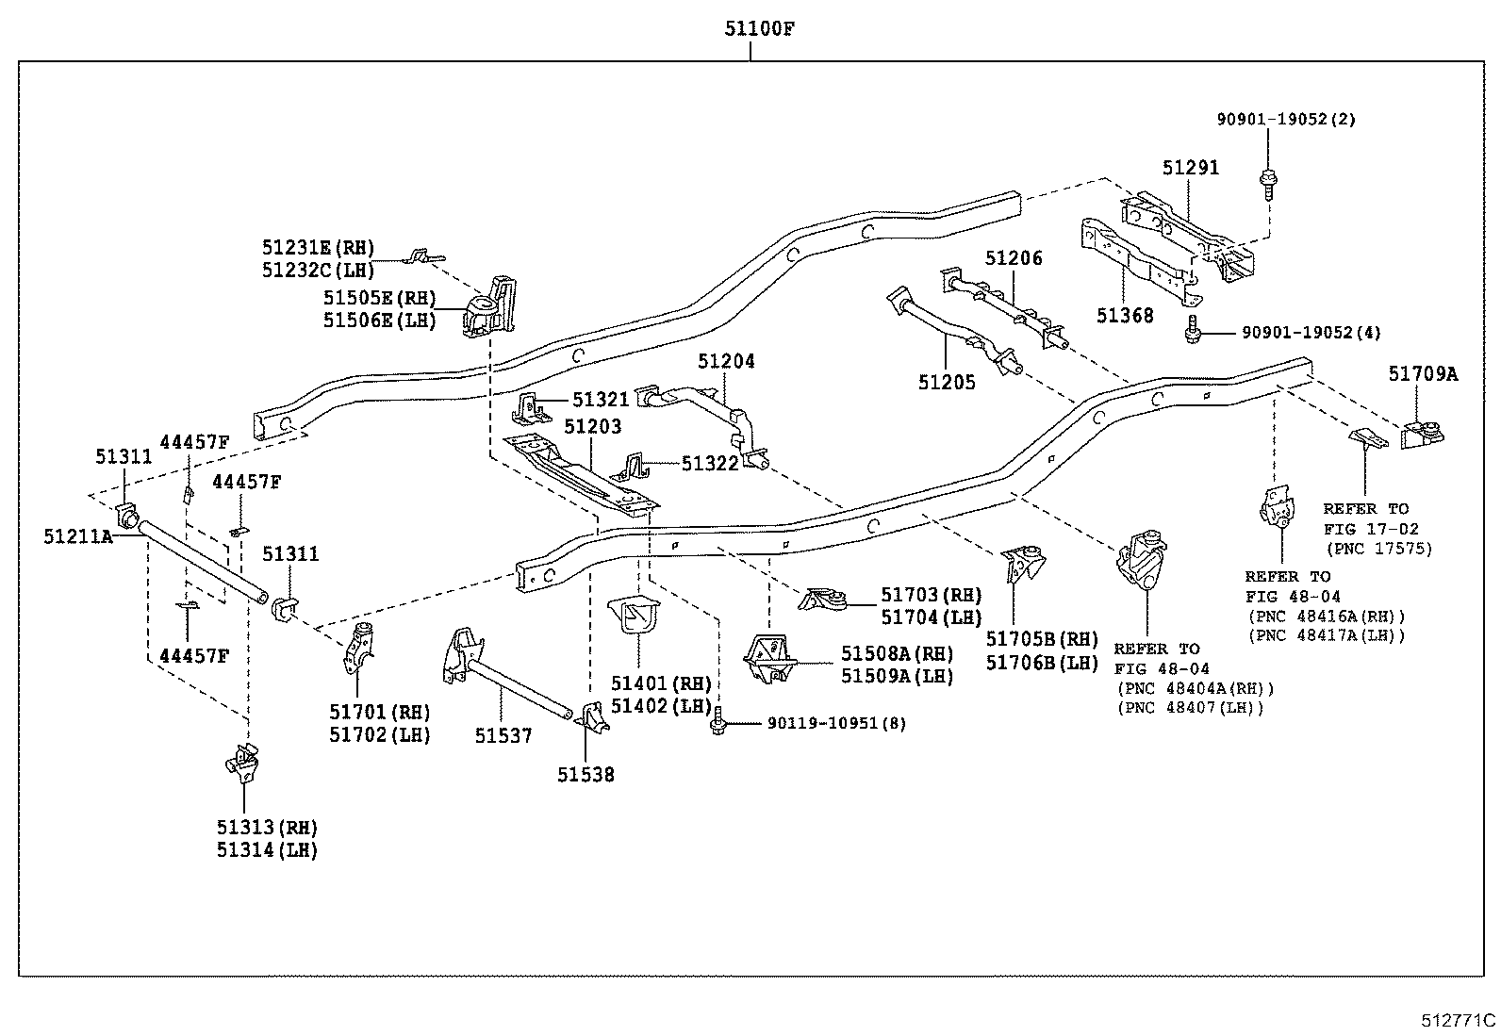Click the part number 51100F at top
coord(759,29)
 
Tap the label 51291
coord(1190,168)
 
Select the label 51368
coord(1125,315)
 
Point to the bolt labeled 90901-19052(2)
coord(1268,185)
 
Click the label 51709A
coord(1423,373)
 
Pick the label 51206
coord(1014,258)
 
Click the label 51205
coord(947,382)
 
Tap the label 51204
coord(726,361)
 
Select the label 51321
coord(601,400)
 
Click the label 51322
coord(710,463)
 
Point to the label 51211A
coord(78,536)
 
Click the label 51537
coord(503,735)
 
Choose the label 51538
coord(586,775)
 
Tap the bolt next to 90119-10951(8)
coord(718,721)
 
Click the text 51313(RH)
coord(267,828)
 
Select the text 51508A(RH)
coord(898,653)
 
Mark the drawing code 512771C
coord(1459,1020)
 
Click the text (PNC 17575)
coord(1379,549)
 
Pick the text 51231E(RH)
coord(318,247)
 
